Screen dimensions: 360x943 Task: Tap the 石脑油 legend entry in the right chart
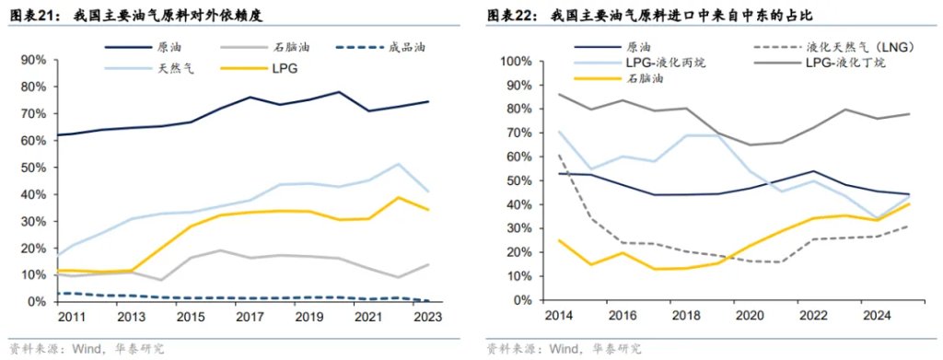[645, 79]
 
